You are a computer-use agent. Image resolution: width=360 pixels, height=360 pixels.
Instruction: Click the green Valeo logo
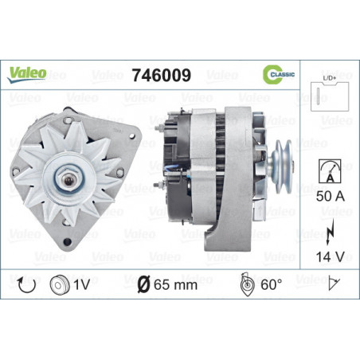click(27, 75)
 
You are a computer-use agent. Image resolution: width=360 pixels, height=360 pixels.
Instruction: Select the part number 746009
click(162, 75)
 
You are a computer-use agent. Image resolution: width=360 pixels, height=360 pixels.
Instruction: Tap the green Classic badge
click(279, 74)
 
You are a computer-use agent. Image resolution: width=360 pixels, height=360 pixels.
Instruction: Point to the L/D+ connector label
click(330, 78)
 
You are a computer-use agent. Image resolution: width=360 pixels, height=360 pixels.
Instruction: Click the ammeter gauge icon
click(330, 171)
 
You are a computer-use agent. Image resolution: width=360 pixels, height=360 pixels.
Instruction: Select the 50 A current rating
click(331, 197)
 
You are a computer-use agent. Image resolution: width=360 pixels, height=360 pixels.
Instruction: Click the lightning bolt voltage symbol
click(330, 232)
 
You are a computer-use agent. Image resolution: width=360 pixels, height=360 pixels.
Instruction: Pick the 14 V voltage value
click(330, 256)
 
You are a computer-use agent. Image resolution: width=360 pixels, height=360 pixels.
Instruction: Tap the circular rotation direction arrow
click(26, 285)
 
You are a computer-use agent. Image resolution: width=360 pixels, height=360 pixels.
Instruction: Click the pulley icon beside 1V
click(60, 285)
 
